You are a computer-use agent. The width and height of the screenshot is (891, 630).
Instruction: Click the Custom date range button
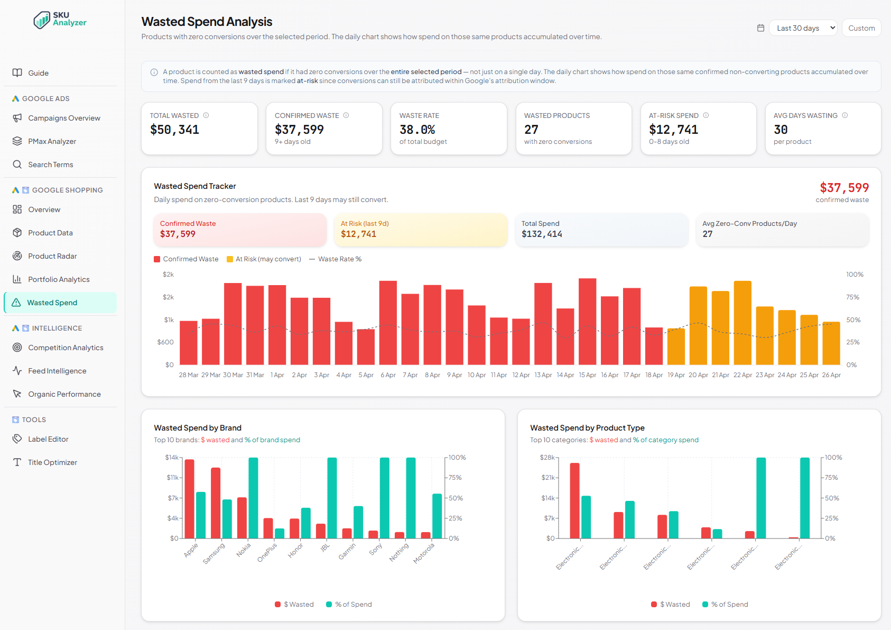click(861, 28)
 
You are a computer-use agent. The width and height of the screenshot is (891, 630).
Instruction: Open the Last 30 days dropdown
click(803, 28)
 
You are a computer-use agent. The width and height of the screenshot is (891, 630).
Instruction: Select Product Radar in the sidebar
click(52, 256)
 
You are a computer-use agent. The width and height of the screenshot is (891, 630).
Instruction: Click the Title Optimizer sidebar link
click(52, 462)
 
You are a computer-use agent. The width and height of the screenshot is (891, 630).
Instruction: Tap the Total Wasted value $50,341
click(174, 130)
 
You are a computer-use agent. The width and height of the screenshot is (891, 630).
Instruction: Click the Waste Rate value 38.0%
click(417, 130)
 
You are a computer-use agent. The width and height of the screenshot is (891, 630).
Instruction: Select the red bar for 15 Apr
click(587, 322)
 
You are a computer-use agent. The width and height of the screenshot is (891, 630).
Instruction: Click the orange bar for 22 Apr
click(742, 323)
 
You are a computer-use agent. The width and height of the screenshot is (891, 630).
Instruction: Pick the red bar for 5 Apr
click(366, 347)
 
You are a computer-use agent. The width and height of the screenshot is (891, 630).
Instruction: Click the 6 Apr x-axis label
click(388, 375)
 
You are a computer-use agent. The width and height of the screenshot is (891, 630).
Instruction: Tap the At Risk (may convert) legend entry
click(264, 259)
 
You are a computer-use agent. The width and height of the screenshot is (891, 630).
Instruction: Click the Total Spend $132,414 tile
click(601, 230)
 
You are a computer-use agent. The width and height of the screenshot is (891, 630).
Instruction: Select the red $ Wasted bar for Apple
click(189, 498)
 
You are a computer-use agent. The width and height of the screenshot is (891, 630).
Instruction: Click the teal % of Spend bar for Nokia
click(253, 498)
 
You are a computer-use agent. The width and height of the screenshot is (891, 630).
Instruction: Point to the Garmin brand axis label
click(348, 551)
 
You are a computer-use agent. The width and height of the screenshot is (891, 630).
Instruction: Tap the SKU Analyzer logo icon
click(42, 21)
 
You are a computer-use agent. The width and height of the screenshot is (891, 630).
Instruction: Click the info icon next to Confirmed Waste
click(346, 115)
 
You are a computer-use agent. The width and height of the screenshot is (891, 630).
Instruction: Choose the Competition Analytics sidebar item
click(66, 348)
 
